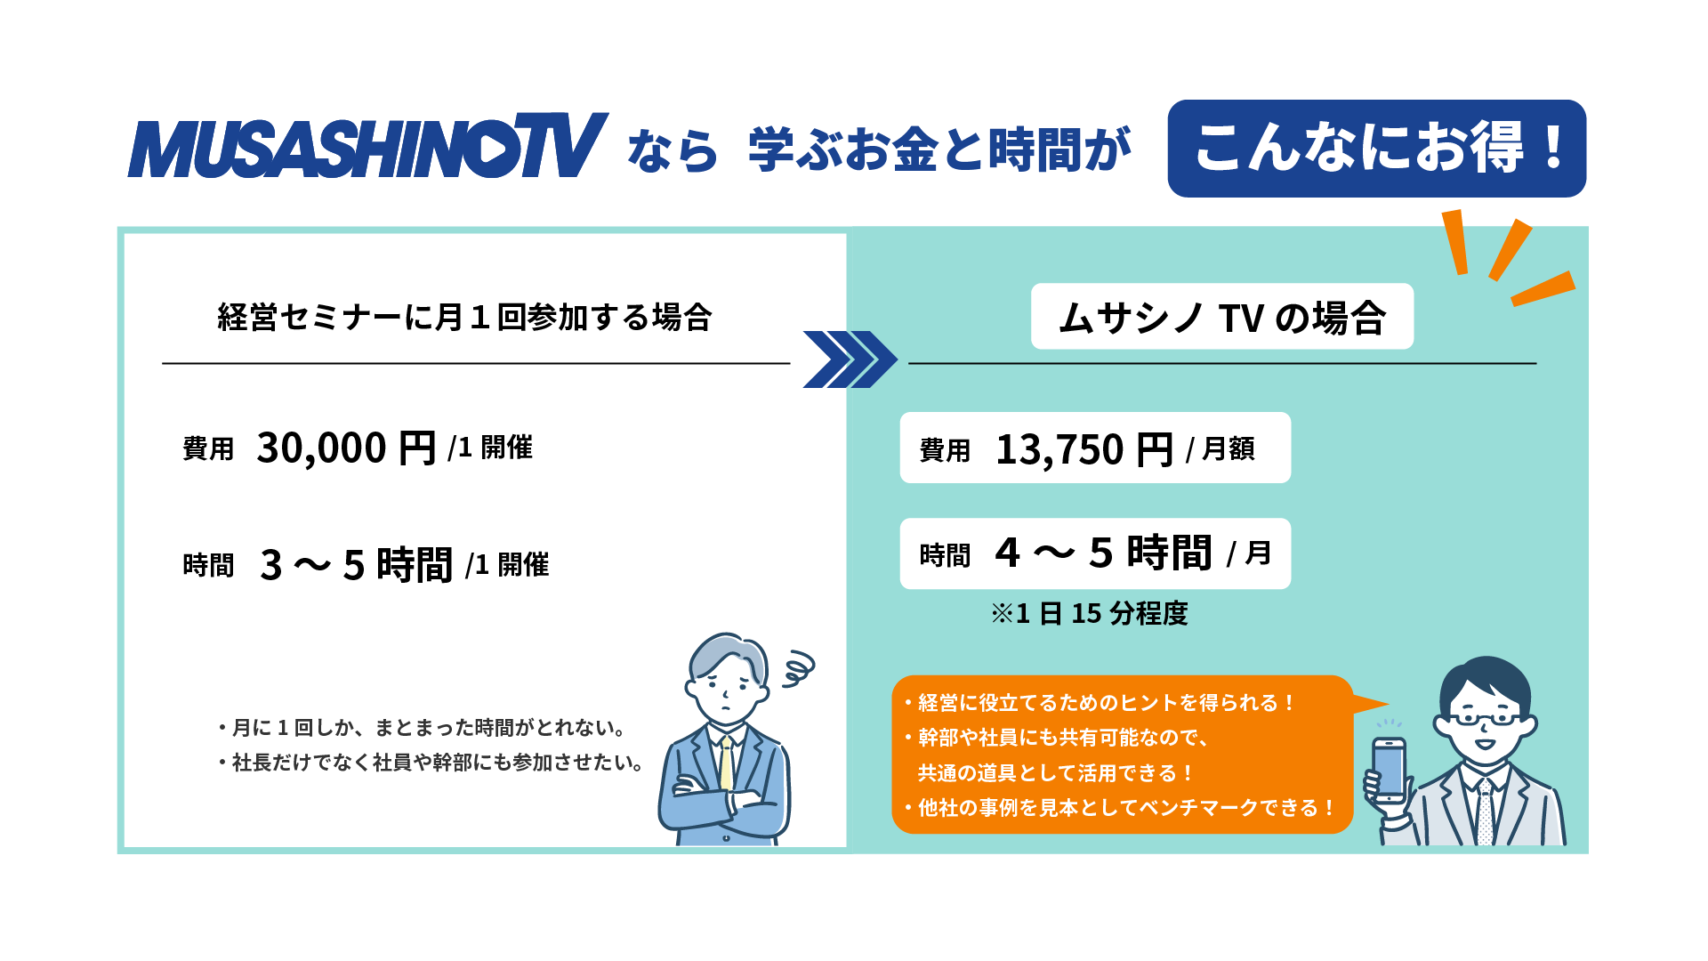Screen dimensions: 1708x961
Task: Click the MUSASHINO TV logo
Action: point(367,145)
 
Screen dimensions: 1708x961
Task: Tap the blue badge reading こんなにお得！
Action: point(1376,149)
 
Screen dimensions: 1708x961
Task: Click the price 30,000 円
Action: point(346,448)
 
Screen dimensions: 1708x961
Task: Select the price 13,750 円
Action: point(1084,449)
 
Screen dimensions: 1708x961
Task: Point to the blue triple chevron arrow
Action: point(850,359)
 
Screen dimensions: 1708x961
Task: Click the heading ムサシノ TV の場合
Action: point(1222,318)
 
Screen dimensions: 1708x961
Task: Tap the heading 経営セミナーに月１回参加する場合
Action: point(464,317)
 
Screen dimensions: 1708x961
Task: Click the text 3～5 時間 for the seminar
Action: point(356,565)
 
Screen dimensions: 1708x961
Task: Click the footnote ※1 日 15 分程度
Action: point(1089,613)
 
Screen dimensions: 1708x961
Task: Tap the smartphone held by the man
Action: point(1389,770)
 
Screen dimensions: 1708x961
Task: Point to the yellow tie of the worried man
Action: point(727,764)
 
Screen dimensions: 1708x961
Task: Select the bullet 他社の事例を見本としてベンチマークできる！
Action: point(1119,808)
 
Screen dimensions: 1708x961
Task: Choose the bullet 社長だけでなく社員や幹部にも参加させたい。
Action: point(431,763)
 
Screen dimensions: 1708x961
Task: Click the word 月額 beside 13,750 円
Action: point(1228,449)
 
